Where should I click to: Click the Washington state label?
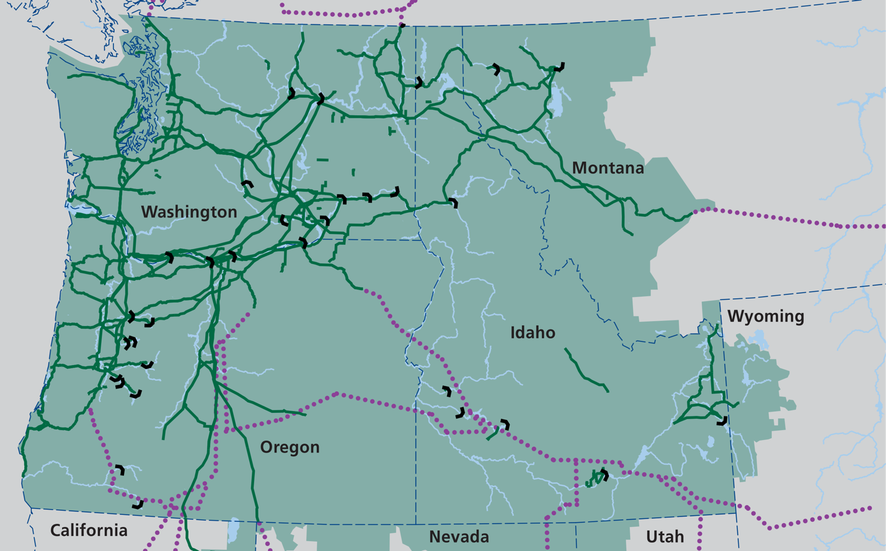189,212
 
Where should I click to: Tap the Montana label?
608,168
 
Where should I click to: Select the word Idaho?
533,333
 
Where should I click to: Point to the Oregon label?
290,447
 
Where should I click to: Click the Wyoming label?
766,316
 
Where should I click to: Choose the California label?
89,531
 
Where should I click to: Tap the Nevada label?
459,537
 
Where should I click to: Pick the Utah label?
665,537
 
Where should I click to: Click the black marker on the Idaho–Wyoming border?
722,421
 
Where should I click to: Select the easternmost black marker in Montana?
560,67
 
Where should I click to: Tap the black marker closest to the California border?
138,505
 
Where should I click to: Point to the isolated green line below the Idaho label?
586,371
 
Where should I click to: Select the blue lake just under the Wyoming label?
758,340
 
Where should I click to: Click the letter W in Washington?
148,212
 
